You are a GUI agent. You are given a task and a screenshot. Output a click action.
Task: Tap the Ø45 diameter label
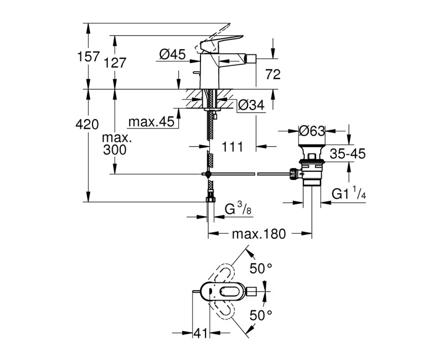click(172, 54)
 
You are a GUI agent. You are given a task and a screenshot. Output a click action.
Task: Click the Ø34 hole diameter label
click(251, 105)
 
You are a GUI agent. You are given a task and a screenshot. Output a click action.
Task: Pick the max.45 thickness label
click(150, 121)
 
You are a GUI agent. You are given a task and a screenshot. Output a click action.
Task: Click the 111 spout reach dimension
click(233, 147)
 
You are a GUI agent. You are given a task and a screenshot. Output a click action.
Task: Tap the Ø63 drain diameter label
click(311, 132)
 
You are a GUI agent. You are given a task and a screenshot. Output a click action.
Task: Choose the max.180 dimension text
click(259, 234)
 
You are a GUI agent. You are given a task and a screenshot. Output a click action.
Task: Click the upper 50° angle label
click(261, 269)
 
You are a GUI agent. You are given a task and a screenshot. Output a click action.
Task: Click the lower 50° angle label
click(261, 315)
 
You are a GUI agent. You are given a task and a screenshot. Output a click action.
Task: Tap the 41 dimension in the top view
click(199, 333)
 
